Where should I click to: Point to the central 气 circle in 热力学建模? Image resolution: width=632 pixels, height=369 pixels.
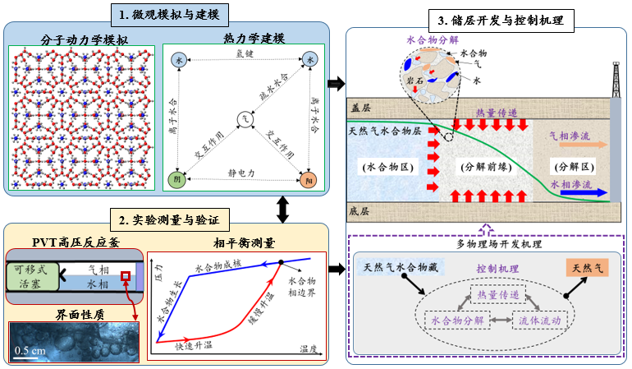(244, 119)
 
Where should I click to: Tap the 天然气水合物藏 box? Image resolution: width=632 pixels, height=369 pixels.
(401, 269)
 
